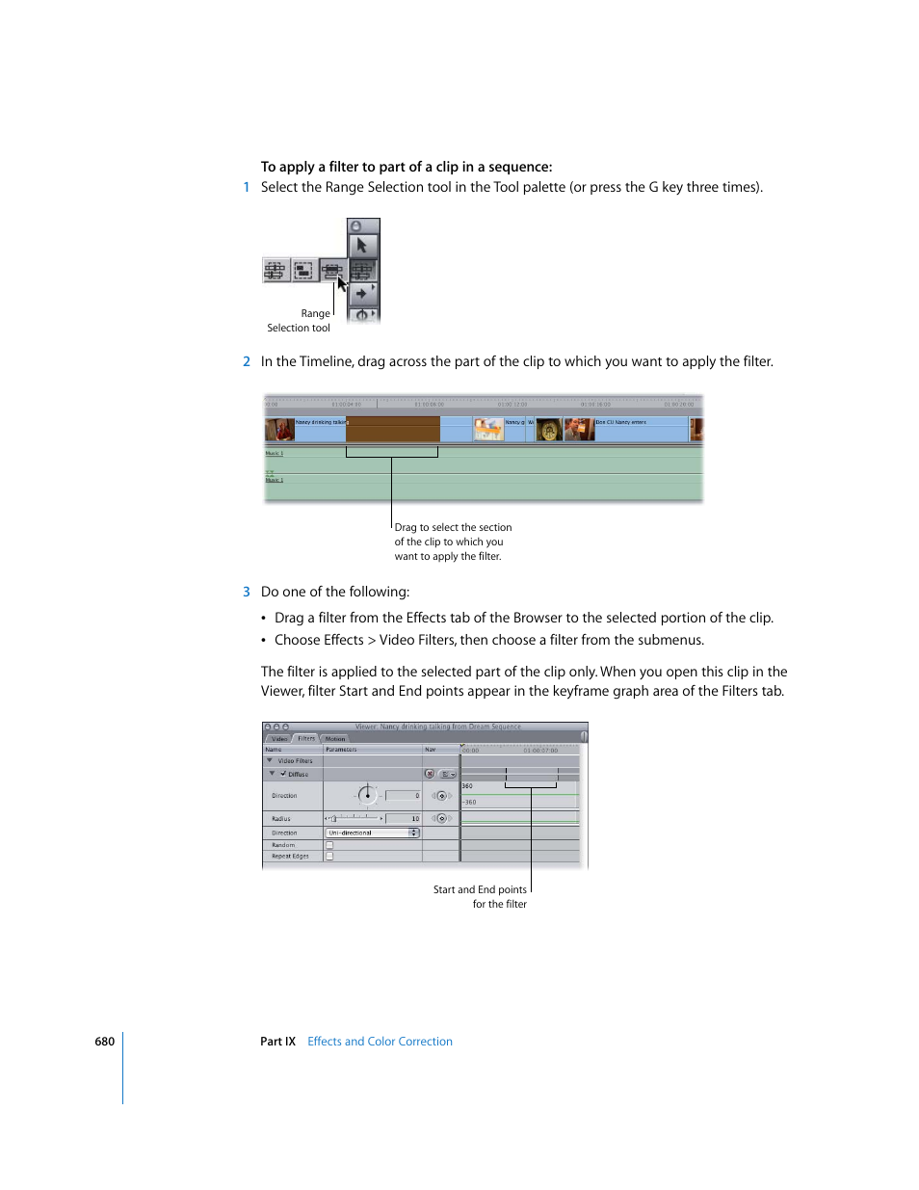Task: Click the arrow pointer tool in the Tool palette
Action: click(362, 246)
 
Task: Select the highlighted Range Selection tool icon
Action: click(332, 271)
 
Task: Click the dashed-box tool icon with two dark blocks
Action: click(304, 271)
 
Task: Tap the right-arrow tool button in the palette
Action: click(362, 293)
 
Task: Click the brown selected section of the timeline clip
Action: click(393, 429)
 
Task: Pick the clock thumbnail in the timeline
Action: click(549, 431)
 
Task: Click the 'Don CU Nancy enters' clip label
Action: click(621, 422)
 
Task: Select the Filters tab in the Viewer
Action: click(306, 738)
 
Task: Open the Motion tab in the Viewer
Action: click(335, 738)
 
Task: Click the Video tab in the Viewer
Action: click(279, 738)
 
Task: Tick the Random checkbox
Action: click(329, 845)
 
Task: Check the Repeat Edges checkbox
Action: click(329, 856)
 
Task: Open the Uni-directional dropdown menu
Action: click(373, 833)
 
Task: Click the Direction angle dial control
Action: click(367, 795)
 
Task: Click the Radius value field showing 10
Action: click(404, 818)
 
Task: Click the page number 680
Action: click(104, 1042)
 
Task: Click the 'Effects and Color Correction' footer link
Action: click(380, 1042)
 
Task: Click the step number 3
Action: click(247, 592)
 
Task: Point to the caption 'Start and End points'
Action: click(480, 889)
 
